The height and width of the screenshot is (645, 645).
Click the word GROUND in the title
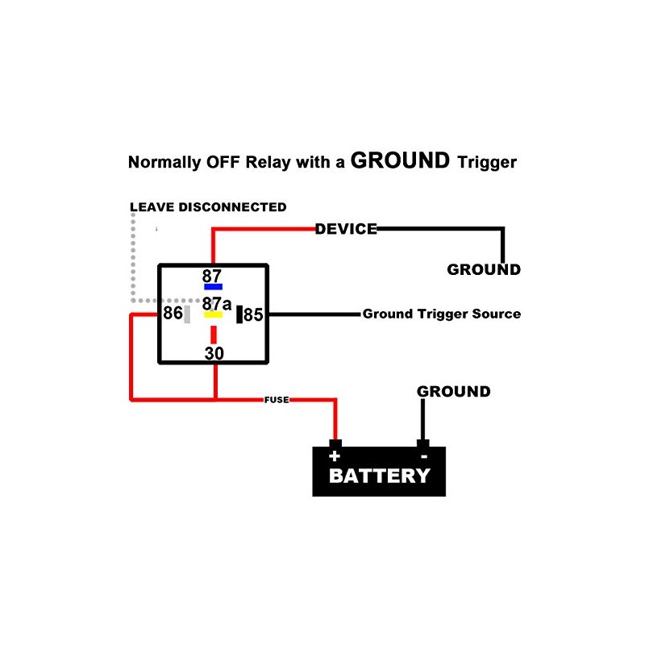coord(400,160)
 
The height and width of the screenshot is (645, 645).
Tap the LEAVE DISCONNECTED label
coord(208,207)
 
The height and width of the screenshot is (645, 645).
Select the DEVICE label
coord(346,229)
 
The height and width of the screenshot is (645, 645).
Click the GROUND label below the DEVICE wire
coord(484,269)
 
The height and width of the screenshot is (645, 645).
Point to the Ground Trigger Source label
coord(441,314)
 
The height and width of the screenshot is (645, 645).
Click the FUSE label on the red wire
coord(277,399)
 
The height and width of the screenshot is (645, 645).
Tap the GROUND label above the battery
coord(453,392)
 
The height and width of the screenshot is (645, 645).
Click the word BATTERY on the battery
coord(379,476)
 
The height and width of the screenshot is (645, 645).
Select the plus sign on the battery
coord(335,456)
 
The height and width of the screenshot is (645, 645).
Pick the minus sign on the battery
coord(422,456)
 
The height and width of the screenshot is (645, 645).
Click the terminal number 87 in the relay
coord(212,276)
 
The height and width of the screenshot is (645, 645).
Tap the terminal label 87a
coord(216,304)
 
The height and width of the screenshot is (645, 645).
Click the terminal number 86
coord(173,313)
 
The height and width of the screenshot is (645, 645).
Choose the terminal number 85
coord(253,314)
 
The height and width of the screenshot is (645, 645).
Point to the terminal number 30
coord(214,353)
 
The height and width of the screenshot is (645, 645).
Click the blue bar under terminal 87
coord(213,286)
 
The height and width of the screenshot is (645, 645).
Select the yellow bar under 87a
coord(213,314)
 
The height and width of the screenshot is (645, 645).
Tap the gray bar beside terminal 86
coord(187,314)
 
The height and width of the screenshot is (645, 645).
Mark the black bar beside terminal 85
coord(239,314)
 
